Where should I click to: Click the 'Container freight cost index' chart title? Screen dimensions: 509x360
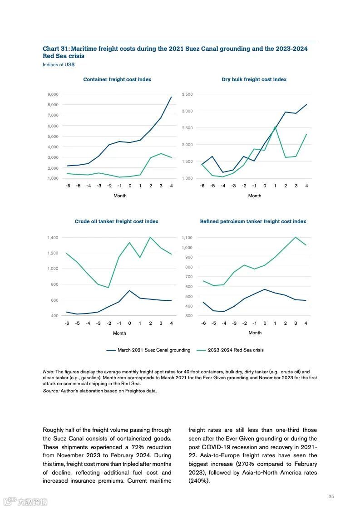tap(117, 79)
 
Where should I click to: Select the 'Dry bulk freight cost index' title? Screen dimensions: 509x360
tap(254, 79)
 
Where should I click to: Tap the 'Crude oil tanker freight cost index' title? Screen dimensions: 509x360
tap(117, 221)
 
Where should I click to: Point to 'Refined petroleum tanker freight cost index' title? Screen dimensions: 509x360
tap(253, 221)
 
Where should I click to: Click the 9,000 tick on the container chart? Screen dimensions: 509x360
tap(53, 94)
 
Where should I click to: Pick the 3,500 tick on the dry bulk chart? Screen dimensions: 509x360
tap(187, 94)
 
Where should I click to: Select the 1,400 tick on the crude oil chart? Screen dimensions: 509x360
tap(53, 238)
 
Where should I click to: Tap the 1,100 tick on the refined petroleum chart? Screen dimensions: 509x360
tap(187, 238)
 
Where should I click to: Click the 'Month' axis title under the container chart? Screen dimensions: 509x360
tap(120, 196)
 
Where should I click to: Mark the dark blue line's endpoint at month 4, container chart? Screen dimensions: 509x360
tap(171, 97)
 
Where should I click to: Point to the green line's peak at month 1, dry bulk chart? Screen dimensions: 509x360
tap(275, 127)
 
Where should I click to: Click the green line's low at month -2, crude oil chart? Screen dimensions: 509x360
tap(108, 288)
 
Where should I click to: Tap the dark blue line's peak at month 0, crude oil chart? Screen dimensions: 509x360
tap(129, 290)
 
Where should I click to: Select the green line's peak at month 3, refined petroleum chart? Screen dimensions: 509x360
tap(296, 237)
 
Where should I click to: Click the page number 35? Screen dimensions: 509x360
tap(331, 497)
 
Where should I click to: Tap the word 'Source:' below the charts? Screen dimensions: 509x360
tap(51, 391)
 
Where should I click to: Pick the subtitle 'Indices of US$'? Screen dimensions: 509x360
tap(59, 65)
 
